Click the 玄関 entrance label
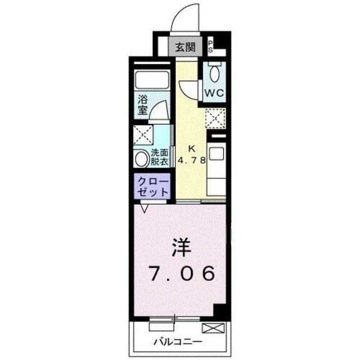point(184,47)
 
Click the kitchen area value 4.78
point(191,159)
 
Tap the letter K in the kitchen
point(191,148)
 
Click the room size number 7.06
point(181,275)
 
